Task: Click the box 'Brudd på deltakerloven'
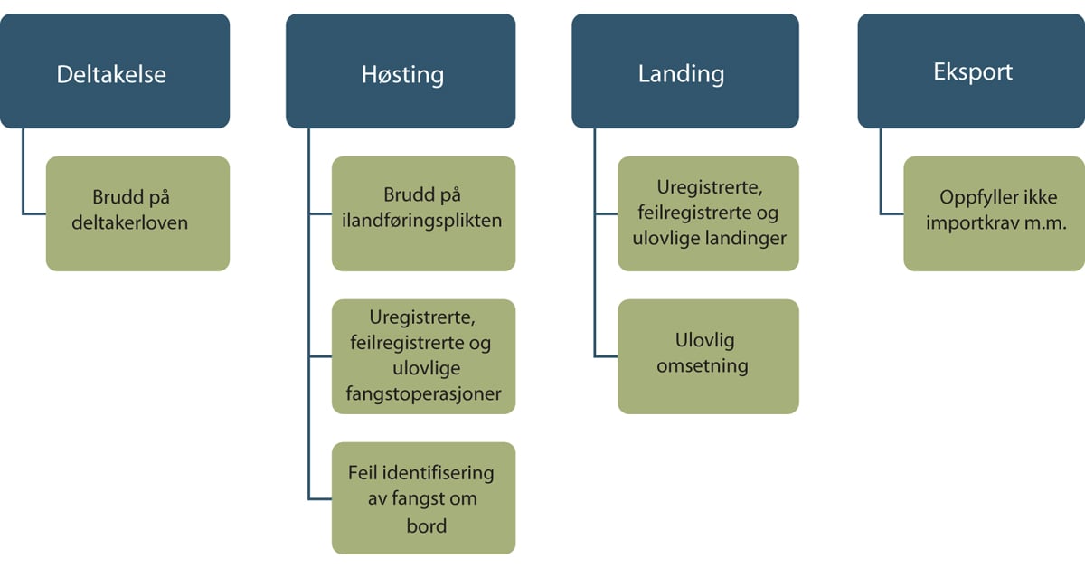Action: pyautogui.click(x=137, y=213)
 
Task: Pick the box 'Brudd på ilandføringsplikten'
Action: pyautogui.click(x=423, y=213)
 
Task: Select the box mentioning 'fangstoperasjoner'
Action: pyautogui.click(x=423, y=356)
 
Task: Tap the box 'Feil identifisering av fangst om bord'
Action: pyautogui.click(x=423, y=497)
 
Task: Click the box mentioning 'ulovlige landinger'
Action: pyautogui.click(x=708, y=213)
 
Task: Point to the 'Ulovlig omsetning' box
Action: pyautogui.click(x=708, y=356)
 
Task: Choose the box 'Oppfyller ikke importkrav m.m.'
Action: pyautogui.click(x=994, y=213)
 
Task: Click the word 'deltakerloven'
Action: pyautogui.click(x=130, y=222)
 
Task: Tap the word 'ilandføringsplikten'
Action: pyautogui.click(x=423, y=222)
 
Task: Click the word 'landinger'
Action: pyautogui.click(x=748, y=239)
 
